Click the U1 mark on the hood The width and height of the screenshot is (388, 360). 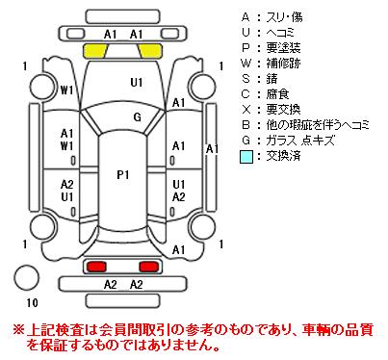pyautogui.click(x=137, y=83)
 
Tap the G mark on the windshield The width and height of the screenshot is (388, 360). pyautogui.click(x=138, y=116)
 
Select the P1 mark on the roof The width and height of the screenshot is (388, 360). pyautogui.click(x=123, y=175)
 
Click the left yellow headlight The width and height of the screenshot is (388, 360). pyautogui.click(x=95, y=51)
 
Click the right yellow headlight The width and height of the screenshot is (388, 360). pyautogui.click(x=150, y=51)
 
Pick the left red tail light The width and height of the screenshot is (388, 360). pyautogui.click(x=97, y=267)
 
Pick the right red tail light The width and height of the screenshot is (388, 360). pyautogui.click(x=148, y=267)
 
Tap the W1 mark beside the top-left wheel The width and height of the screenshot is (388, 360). pyautogui.click(x=66, y=90)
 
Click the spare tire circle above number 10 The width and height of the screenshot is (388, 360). pyautogui.click(x=26, y=278)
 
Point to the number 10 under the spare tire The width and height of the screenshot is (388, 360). pyautogui.click(x=32, y=302)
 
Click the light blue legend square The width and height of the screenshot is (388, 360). pyautogui.click(x=246, y=157)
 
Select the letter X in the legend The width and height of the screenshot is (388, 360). pyautogui.click(x=246, y=110)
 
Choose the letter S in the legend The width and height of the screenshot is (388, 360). pyautogui.click(x=246, y=79)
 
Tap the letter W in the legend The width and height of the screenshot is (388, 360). pyautogui.click(x=246, y=64)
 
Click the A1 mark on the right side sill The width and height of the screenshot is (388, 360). pyautogui.click(x=212, y=149)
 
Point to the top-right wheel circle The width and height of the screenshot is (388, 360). pyautogui.click(x=203, y=87)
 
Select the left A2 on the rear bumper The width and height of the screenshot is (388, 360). pyautogui.click(x=110, y=284)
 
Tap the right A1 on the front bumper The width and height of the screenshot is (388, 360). pyautogui.click(x=136, y=34)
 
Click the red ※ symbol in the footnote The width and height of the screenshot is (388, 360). pyautogui.click(x=18, y=330)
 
